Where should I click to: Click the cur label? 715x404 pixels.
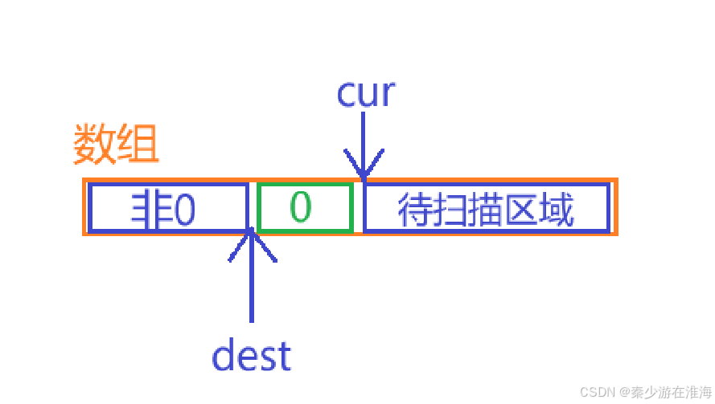(366, 93)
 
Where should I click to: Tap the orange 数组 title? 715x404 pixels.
(116, 145)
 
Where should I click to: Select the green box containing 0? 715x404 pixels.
(305, 208)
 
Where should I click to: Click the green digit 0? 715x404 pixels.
(300, 207)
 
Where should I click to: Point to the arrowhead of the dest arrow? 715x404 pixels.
(253, 232)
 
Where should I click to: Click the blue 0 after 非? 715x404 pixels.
(185, 210)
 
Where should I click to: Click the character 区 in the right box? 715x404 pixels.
(522, 210)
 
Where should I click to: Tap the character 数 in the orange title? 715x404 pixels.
(94, 145)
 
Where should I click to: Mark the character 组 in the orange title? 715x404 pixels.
(138, 145)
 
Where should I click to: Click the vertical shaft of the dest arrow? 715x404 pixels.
(253, 289)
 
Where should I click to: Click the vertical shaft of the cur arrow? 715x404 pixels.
(364, 137)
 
